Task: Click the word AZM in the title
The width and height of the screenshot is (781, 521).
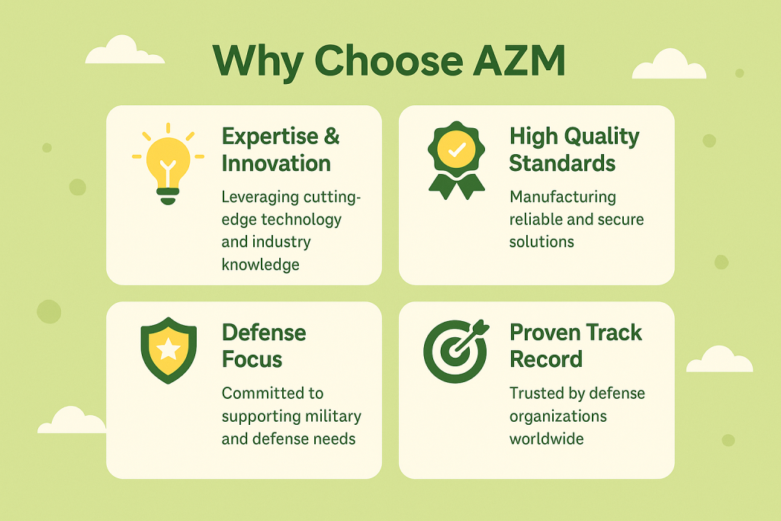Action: [x=519, y=61]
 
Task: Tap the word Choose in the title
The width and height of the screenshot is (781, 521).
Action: [x=388, y=61]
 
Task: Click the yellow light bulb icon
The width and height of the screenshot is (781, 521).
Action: [x=169, y=164]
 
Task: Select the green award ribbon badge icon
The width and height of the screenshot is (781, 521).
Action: [x=456, y=160]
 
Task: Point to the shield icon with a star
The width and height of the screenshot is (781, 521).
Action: [x=169, y=350]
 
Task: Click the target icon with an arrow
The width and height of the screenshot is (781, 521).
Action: [x=456, y=351]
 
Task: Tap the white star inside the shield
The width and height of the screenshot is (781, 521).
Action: [x=169, y=349]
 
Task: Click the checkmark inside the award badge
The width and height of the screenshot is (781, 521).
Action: [x=457, y=149]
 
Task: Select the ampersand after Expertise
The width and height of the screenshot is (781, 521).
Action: [x=332, y=136]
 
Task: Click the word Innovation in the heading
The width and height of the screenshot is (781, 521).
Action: [x=276, y=163]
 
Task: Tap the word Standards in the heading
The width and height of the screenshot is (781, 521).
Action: [x=562, y=163]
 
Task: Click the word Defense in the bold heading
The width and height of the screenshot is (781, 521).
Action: [x=264, y=333]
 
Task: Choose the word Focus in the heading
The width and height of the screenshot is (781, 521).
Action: [x=252, y=359]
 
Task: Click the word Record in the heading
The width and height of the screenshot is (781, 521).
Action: [x=546, y=359]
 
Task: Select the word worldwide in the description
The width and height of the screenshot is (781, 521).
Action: [x=546, y=439]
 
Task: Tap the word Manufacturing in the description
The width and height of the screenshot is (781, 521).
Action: [x=563, y=198]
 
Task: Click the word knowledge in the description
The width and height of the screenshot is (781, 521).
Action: [x=261, y=265]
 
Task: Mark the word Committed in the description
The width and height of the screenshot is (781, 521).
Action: [x=272, y=393]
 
